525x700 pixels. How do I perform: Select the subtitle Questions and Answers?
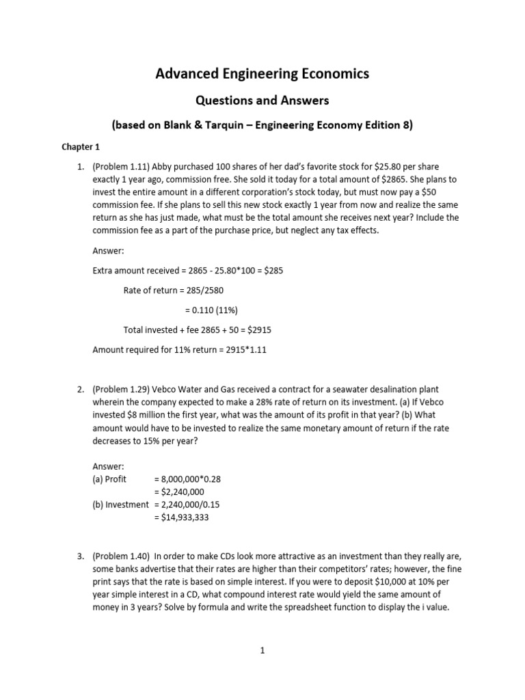coord(262,100)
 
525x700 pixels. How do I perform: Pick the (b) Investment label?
coord(120,504)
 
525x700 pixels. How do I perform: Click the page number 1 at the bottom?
coord(262,651)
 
